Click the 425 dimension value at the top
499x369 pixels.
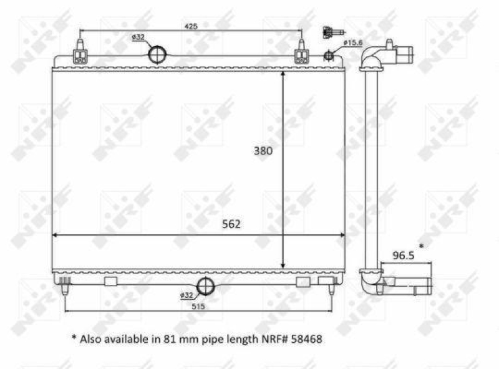191,26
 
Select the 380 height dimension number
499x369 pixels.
263,151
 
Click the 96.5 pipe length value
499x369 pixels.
404,255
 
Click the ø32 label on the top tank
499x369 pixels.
138,37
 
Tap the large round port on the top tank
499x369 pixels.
158,54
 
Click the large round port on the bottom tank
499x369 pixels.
205,287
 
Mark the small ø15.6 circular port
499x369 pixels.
328,57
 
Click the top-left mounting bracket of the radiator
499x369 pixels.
80,54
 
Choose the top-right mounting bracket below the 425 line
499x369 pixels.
301,54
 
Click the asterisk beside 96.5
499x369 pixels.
422,247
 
